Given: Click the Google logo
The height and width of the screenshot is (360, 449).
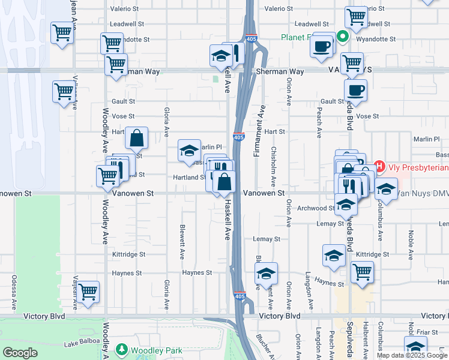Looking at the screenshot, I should [20, 353].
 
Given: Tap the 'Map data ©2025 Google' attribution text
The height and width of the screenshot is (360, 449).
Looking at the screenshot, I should [412, 355].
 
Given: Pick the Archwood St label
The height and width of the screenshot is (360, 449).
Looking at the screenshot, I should [315, 208].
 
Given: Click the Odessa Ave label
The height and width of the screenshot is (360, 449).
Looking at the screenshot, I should [13, 291].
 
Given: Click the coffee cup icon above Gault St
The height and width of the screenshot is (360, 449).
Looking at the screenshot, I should [355, 90].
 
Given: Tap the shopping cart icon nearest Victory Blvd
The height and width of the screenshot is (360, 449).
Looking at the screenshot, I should [89, 292].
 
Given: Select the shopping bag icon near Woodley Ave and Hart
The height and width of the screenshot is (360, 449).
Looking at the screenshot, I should [137, 138].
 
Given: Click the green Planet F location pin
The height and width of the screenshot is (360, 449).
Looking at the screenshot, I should [342, 37].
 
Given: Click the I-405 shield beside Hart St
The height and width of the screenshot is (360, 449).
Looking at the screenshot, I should [239, 137].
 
